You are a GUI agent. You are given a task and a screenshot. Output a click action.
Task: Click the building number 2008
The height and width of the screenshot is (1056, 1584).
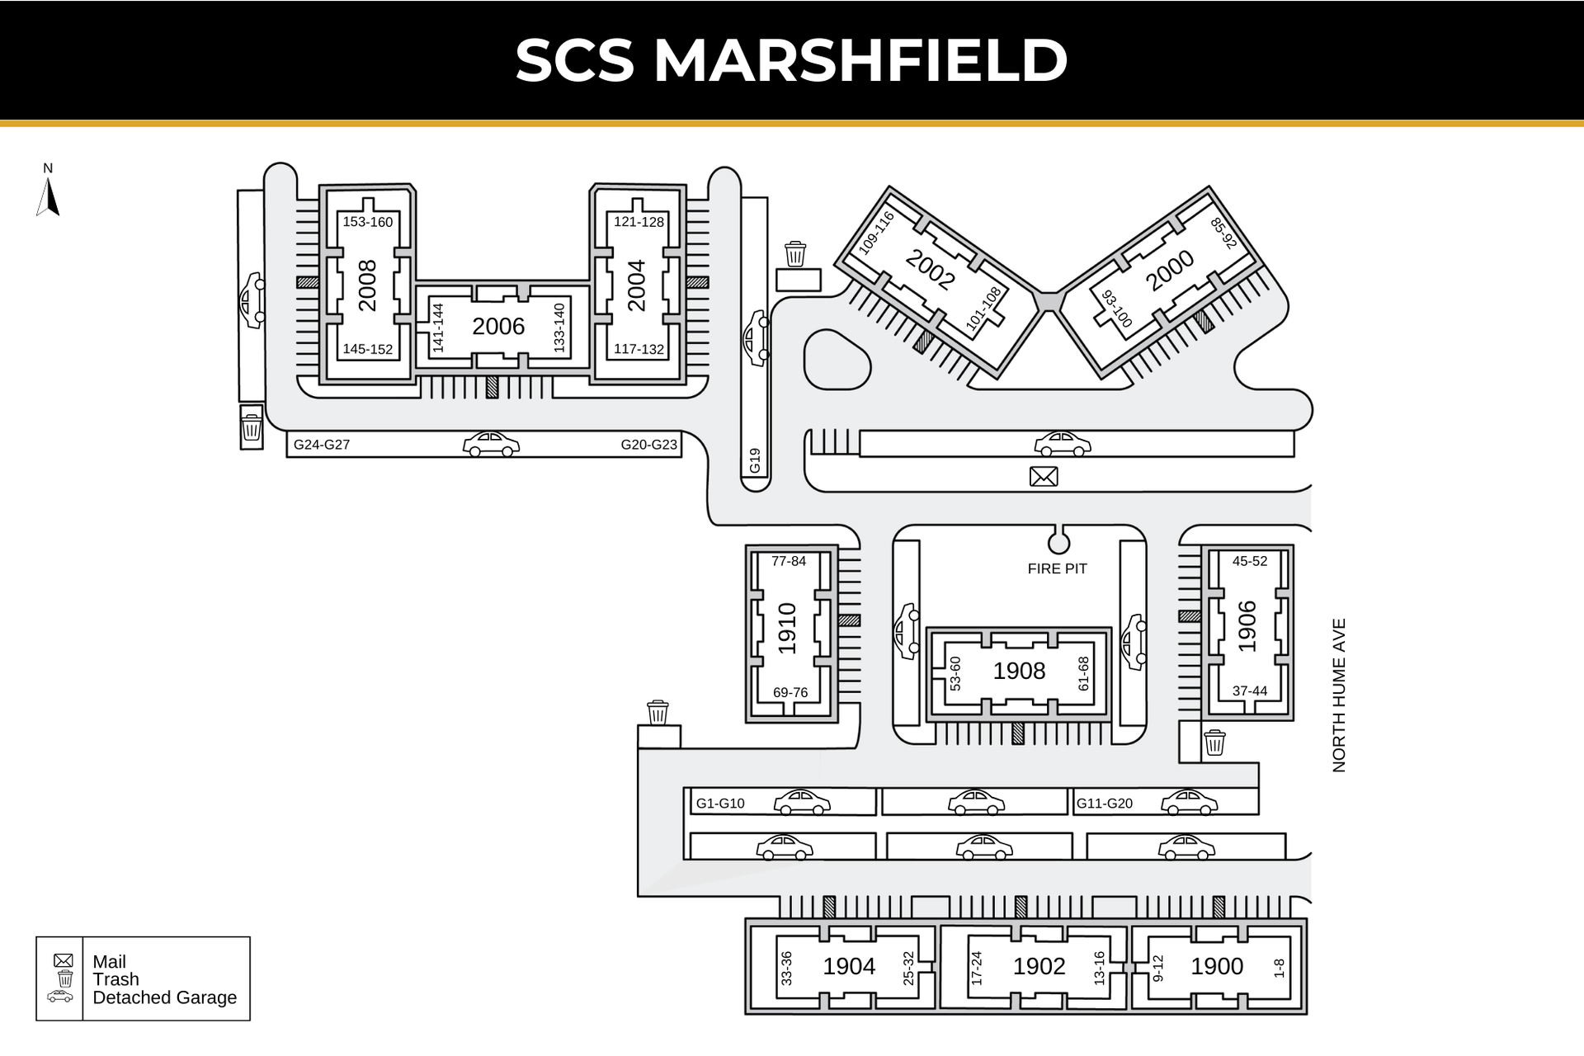tap(367, 285)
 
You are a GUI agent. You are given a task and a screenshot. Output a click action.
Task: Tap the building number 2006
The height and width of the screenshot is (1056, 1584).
tap(498, 327)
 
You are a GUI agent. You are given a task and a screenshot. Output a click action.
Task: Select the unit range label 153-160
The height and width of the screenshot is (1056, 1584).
tap(368, 222)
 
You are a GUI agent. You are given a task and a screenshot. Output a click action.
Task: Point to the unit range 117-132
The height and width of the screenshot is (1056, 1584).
tap(639, 349)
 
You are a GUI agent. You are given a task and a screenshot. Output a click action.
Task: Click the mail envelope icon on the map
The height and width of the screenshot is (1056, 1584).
tap(1044, 476)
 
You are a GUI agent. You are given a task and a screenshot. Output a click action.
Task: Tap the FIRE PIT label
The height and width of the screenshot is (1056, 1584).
tap(1057, 568)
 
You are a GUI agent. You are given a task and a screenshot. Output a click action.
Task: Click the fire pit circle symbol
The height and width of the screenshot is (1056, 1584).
tap(1058, 543)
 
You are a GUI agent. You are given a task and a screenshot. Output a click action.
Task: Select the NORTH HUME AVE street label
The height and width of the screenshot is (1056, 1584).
tap(1339, 695)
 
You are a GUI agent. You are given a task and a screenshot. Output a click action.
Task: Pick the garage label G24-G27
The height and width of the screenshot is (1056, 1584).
tap(322, 445)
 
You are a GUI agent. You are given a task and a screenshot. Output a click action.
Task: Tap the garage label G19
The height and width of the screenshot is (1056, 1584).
tap(755, 461)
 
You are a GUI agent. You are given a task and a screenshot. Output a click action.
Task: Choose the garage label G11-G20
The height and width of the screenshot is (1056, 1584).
tap(1105, 804)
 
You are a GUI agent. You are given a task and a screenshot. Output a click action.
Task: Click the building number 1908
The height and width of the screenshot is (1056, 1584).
tap(1019, 672)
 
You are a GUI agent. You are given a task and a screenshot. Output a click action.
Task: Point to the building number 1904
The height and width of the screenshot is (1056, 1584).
tap(849, 966)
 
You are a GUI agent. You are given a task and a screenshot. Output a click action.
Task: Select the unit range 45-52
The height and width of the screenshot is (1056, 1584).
tap(1250, 561)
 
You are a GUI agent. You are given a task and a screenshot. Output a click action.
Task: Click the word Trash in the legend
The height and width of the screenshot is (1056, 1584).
tap(115, 979)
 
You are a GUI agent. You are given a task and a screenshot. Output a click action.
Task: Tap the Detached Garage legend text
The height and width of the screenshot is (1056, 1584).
tap(165, 997)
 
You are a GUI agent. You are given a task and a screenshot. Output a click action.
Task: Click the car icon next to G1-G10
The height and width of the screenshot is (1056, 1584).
tap(802, 802)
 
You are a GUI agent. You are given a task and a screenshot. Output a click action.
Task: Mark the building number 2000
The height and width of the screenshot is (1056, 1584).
tap(1170, 271)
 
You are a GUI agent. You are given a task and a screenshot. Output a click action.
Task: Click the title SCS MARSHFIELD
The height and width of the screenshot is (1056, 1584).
tap(792, 60)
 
